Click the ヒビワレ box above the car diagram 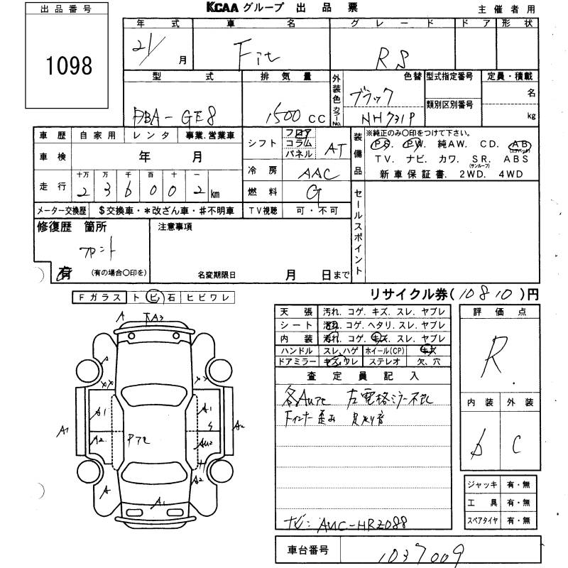point(206,298)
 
